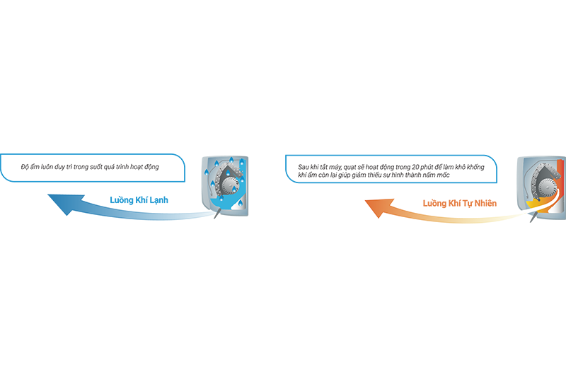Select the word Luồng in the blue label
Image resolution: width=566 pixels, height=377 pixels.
pyautogui.click(x=122, y=200)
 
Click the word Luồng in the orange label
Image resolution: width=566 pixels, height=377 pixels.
pyautogui.click(x=434, y=203)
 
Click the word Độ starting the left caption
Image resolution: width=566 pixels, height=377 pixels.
pyautogui.click(x=25, y=167)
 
